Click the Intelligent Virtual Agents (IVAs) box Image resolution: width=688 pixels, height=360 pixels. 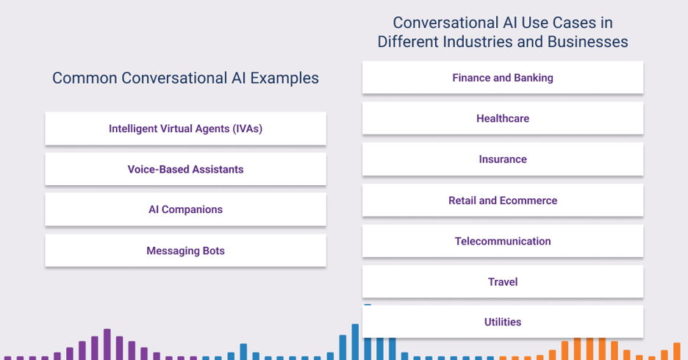point(185,129)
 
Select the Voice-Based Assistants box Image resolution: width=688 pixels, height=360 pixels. point(185,169)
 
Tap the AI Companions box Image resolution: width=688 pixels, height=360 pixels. point(185,209)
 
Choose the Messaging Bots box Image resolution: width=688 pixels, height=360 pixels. point(185,251)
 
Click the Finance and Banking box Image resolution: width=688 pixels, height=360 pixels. point(503,78)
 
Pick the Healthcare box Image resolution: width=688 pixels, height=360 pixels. point(503,118)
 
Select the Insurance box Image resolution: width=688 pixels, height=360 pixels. point(503,159)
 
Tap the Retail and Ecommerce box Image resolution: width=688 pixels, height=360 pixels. point(503,201)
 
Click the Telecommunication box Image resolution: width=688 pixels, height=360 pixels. point(503,241)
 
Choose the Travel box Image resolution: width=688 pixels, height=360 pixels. point(503,282)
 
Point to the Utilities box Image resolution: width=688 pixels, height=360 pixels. point(503,322)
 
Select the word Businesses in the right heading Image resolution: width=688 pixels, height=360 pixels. point(587,42)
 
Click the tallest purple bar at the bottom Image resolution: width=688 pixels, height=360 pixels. point(107,344)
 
